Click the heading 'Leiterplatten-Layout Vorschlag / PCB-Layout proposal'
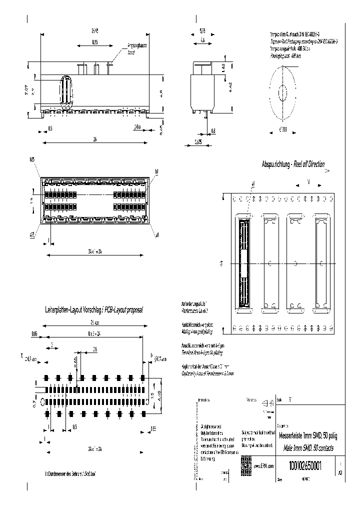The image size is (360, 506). [x=94, y=310]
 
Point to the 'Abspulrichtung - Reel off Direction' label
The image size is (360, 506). [x=293, y=164]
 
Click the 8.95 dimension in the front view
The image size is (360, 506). [x=94, y=43]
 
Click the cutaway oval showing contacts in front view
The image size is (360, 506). [x=65, y=92]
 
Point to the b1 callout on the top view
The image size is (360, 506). [x=156, y=171]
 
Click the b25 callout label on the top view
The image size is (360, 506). [x=32, y=159]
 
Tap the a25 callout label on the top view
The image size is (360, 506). [x=31, y=233]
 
